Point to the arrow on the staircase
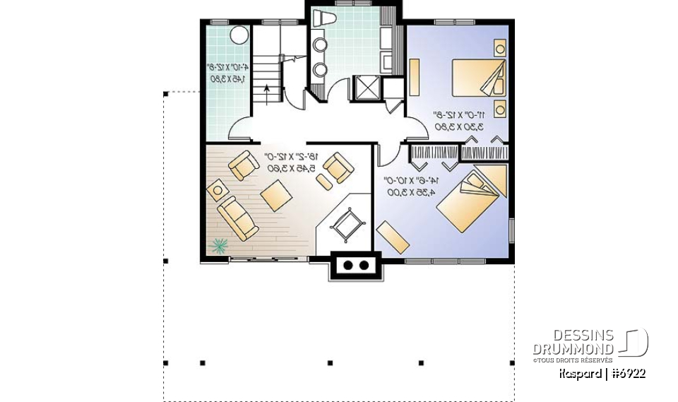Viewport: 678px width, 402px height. pyautogui.click(x=267, y=89)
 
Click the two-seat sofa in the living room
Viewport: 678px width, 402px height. pyautogui.click(x=237, y=217)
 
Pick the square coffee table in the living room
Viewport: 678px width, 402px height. pyautogui.click(x=273, y=193)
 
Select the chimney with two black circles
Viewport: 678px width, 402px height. pyautogui.click(x=355, y=266)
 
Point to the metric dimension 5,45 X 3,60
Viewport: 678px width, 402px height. pyautogui.click(x=291, y=168)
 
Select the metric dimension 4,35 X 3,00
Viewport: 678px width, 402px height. pyautogui.click(x=410, y=191)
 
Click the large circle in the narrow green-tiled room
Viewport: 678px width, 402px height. pyautogui.click(x=239, y=34)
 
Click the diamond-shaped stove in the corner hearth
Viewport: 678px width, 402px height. pyautogui.click(x=347, y=225)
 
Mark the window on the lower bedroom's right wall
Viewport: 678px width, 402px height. pyautogui.click(x=512, y=230)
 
